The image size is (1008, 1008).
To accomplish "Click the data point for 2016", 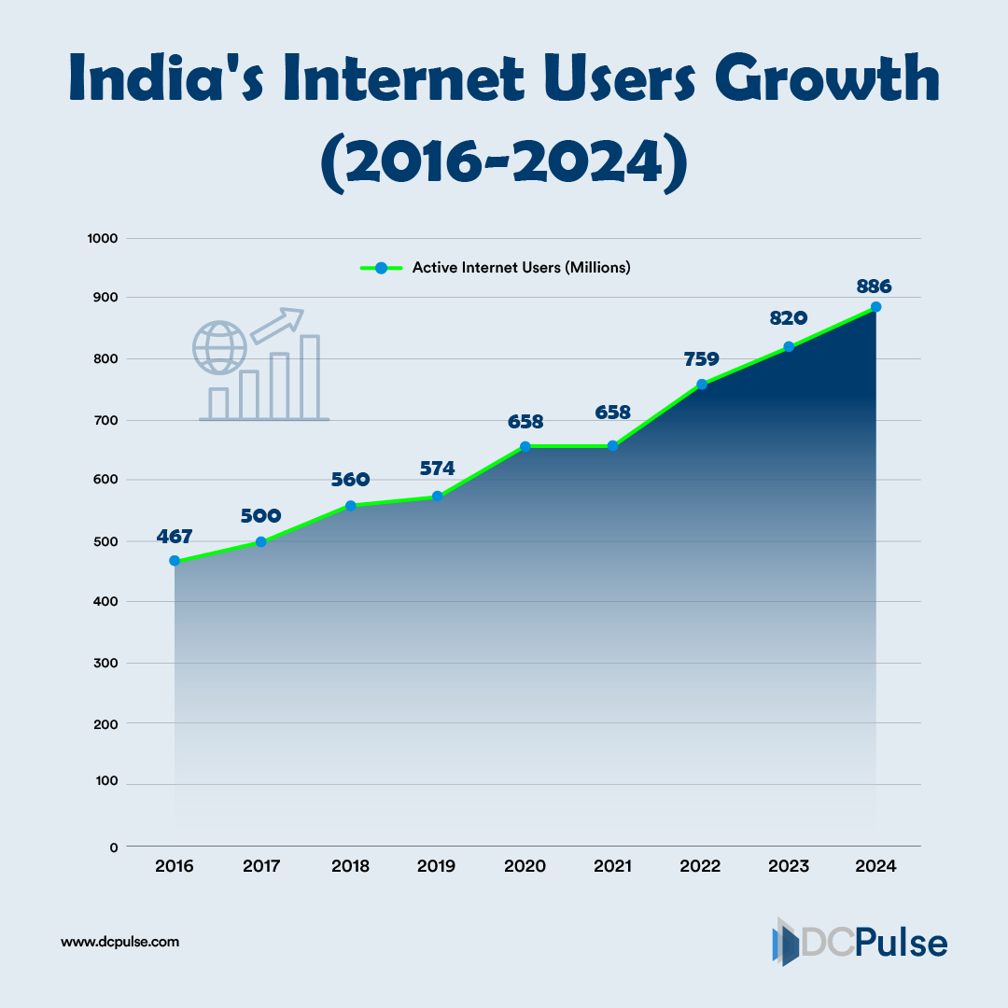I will coord(175,561).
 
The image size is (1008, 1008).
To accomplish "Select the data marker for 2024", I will coord(875,307).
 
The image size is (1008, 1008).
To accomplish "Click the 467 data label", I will coord(175,537).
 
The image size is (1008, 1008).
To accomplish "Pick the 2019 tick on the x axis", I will coord(437,866).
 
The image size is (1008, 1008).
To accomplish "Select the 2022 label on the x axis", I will coord(701,866).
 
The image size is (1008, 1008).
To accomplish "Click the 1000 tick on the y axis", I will coord(102,238).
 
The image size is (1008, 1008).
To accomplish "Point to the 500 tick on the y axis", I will coord(105,541).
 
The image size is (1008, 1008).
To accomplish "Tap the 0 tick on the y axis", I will coord(114,847).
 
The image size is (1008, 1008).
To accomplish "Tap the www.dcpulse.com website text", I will coord(119,942).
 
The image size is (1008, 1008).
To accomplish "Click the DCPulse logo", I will coord(860,942).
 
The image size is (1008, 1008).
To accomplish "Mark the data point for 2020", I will coord(525,446).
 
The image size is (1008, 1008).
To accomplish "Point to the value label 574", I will coord(437,471).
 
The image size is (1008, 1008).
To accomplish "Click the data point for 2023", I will coord(789,346).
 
